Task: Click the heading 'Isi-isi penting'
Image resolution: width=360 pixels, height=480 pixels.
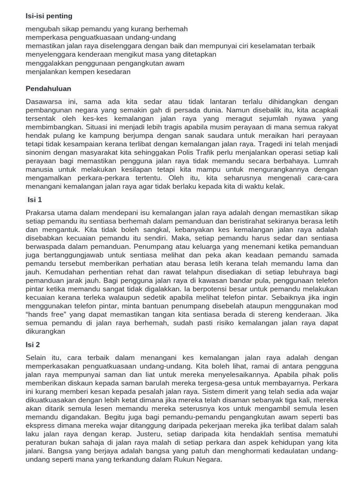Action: pyautogui.click(x=49, y=16)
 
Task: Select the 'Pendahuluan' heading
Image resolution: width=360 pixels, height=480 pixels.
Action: pyautogui.click(x=48, y=89)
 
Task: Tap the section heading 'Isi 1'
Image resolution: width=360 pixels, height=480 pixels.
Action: pyautogui.click(x=34, y=200)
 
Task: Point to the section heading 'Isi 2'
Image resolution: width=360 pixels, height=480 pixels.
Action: pyautogui.click(x=33, y=345)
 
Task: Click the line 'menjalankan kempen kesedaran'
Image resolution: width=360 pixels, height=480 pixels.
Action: pyautogui.click(x=78, y=72)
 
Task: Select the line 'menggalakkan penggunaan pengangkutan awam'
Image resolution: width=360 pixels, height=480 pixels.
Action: pyautogui.click(x=105, y=63)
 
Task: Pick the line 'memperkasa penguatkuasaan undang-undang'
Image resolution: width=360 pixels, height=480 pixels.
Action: pyautogui.click(x=101, y=37)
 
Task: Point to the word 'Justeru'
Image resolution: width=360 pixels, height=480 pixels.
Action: pyautogui.click(x=162, y=434)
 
